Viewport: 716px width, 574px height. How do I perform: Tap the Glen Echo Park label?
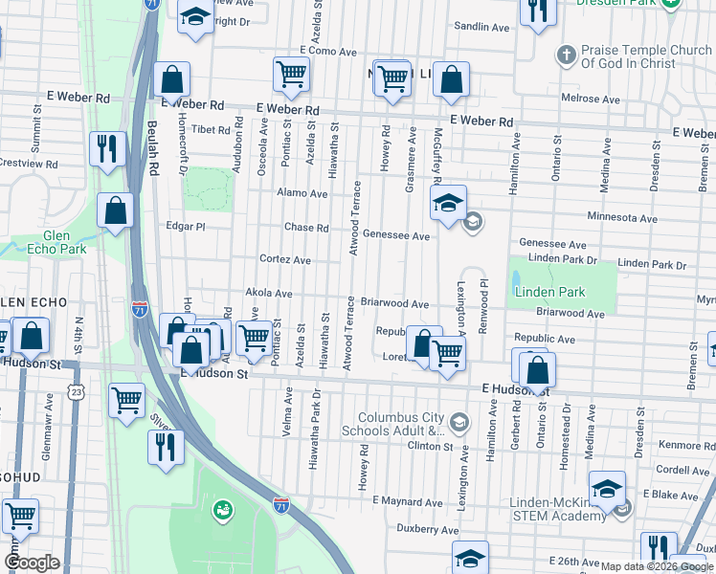(64, 242)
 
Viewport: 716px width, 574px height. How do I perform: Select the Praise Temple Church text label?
(647, 56)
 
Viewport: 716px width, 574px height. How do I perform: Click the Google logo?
(32, 563)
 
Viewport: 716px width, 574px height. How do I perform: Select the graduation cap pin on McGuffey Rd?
(447, 204)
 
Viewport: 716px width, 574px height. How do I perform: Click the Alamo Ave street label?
(302, 193)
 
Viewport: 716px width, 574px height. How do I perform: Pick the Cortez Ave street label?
(285, 259)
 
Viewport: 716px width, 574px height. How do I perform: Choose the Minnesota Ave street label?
(622, 218)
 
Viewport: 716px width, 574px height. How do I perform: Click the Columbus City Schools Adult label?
(402, 425)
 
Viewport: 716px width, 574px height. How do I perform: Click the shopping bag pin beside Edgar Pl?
(116, 212)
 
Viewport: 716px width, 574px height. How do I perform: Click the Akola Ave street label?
(269, 293)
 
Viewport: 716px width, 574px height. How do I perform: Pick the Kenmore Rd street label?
(683, 445)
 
